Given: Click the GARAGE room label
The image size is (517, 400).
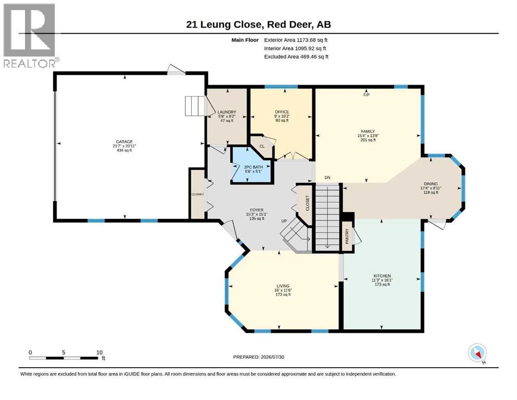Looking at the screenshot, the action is (124, 142).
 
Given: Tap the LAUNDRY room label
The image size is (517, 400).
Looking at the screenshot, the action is (227, 112).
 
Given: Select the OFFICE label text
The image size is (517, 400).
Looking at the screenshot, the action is (282, 112).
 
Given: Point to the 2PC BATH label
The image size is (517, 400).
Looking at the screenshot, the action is (253, 167).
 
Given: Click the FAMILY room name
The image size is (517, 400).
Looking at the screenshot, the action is (368, 131).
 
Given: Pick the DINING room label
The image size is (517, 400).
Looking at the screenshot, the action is (431, 184).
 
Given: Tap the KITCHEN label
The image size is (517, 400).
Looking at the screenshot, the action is (382, 276).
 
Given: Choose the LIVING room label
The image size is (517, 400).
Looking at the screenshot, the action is (283, 286).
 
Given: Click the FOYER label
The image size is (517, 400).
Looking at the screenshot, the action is (257, 210).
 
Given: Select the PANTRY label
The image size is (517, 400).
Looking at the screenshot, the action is (347, 236).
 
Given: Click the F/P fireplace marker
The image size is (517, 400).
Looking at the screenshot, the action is (367, 95).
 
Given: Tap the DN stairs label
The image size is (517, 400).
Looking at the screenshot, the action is (327, 178).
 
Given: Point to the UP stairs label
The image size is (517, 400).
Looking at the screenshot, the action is (284, 221).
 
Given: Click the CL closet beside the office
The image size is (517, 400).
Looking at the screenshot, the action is (262, 146).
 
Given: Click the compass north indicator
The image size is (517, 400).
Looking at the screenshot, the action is (477, 353).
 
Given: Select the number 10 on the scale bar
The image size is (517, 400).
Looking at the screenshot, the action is (99, 353).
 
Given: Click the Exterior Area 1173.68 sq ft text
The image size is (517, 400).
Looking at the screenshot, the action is (296, 40).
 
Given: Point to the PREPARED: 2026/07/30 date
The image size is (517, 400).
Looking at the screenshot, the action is (258, 357).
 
